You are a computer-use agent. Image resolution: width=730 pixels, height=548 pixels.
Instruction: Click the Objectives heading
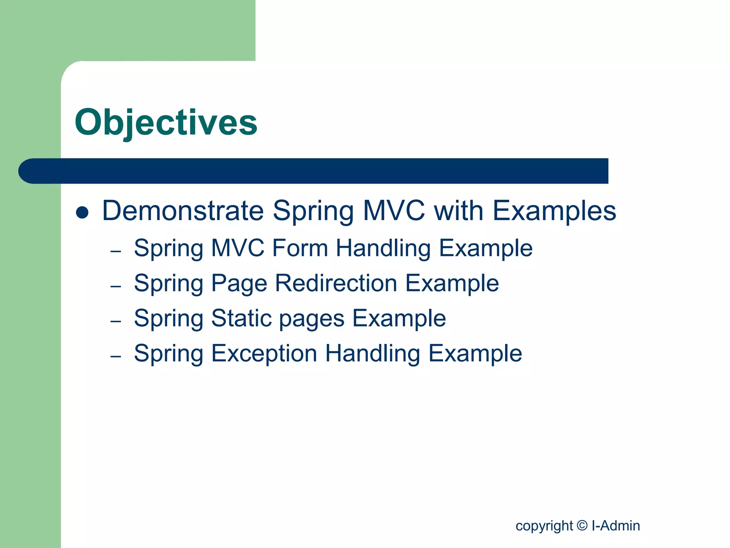(x=166, y=122)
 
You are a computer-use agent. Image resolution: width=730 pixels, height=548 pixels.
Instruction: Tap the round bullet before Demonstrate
(x=82, y=212)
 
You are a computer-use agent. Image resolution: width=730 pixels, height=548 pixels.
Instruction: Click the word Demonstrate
(x=183, y=210)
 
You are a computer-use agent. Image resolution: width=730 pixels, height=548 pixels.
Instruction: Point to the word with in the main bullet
(x=459, y=210)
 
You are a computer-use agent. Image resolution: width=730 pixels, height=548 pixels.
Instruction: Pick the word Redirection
(x=336, y=283)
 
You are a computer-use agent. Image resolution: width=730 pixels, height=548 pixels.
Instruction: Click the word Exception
(x=264, y=353)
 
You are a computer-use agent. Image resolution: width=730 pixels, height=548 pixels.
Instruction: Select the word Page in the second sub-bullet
(x=239, y=284)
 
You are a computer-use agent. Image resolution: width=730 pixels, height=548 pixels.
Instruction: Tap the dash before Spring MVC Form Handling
(x=116, y=252)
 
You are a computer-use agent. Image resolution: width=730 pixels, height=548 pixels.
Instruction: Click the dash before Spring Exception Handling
(x=116, y=356)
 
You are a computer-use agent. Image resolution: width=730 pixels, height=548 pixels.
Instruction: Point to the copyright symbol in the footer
(x=582, y=526)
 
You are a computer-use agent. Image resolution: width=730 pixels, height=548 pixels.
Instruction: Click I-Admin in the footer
(x=616, y=526)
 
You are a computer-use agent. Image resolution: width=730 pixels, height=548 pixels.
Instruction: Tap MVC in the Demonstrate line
(x=394, y=210)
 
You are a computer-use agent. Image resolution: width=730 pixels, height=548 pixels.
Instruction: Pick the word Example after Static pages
(x=399, y=318)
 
